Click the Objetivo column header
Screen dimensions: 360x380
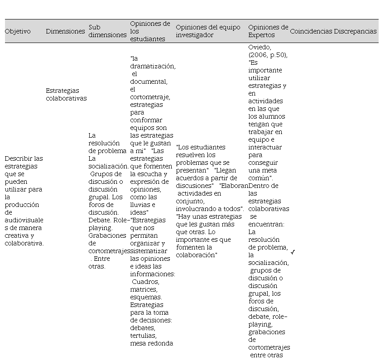pos(18,32)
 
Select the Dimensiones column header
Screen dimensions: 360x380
pos(65,32)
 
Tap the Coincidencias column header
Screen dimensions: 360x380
pos(311,32)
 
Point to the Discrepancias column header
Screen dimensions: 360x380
pos(355,32)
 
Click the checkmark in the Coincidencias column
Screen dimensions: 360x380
pos(293,252)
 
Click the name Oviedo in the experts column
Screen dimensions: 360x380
pos(259,48)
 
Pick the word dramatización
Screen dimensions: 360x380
pos(153,66)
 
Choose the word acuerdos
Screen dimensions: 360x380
pos(189,178)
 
